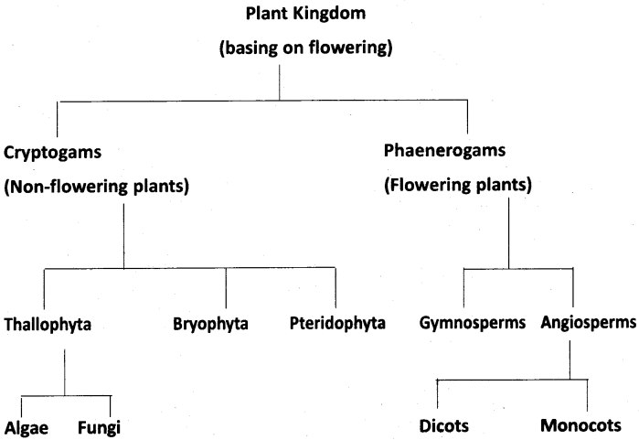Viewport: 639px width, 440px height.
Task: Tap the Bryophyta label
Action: (209, 324)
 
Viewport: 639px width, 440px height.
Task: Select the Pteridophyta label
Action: (337, 324)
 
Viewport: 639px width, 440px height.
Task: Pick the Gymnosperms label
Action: (474, 324)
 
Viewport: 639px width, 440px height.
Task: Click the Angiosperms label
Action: (586, 324)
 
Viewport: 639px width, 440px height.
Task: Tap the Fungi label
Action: (99, 426)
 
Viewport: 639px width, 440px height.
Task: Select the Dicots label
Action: (443, 426)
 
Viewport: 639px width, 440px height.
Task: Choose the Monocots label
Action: (585, 426)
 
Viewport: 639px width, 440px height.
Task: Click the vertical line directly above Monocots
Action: (587, 394)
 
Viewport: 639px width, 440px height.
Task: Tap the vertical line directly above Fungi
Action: (111, 406)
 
